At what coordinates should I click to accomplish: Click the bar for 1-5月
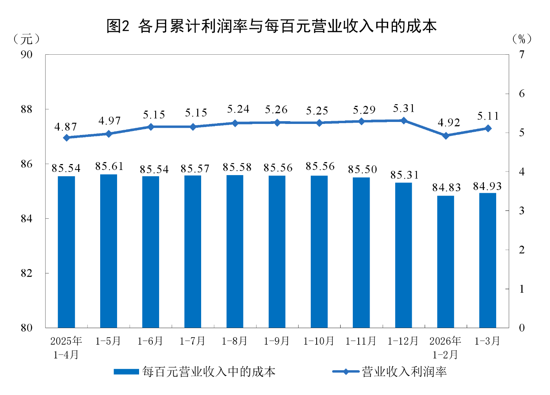point(108,251)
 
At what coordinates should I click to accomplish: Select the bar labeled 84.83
point(445,262)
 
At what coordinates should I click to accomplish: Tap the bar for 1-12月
point(403,255)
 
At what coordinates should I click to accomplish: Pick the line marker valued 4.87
point(66,138)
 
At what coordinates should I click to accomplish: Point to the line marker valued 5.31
point(403,120)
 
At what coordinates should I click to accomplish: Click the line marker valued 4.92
point(445,136)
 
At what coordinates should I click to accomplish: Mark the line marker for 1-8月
point(235,123)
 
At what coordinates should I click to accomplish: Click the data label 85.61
point(109,166)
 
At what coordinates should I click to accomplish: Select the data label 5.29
point(364,110)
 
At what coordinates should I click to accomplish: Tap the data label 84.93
point(487,186)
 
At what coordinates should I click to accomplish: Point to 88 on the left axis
point(26,109)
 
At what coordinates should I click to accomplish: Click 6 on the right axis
point(521,94)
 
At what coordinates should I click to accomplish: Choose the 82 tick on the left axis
point(26,273)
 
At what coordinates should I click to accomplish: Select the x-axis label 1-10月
point(319,341)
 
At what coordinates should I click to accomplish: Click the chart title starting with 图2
point(271,26)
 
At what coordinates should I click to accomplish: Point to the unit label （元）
point(26,39)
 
